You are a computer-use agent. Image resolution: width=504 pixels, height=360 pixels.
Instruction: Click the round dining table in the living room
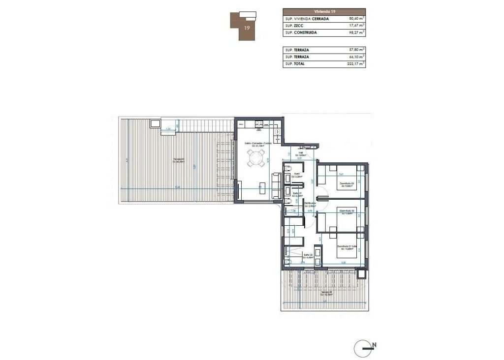[255, 158]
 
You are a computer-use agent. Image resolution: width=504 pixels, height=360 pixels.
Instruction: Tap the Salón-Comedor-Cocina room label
[261, 144]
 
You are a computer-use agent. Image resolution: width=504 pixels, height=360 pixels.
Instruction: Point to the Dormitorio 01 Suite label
[347, 247]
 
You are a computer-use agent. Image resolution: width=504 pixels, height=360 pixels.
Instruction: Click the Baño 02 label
[308, 255]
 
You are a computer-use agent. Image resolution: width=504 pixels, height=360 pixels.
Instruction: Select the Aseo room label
[297, 174]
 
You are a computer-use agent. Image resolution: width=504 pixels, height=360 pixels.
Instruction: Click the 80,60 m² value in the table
[355, 19]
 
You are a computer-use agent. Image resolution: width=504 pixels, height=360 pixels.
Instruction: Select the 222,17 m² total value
[355, 63]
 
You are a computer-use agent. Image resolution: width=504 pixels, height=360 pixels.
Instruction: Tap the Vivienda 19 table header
[324, 11]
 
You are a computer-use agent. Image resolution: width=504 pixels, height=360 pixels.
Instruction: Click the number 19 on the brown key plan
[247, 28]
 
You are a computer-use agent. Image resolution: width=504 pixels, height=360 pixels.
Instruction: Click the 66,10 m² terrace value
[355, 57]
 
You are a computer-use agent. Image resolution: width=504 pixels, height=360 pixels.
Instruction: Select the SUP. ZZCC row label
[294, 26]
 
